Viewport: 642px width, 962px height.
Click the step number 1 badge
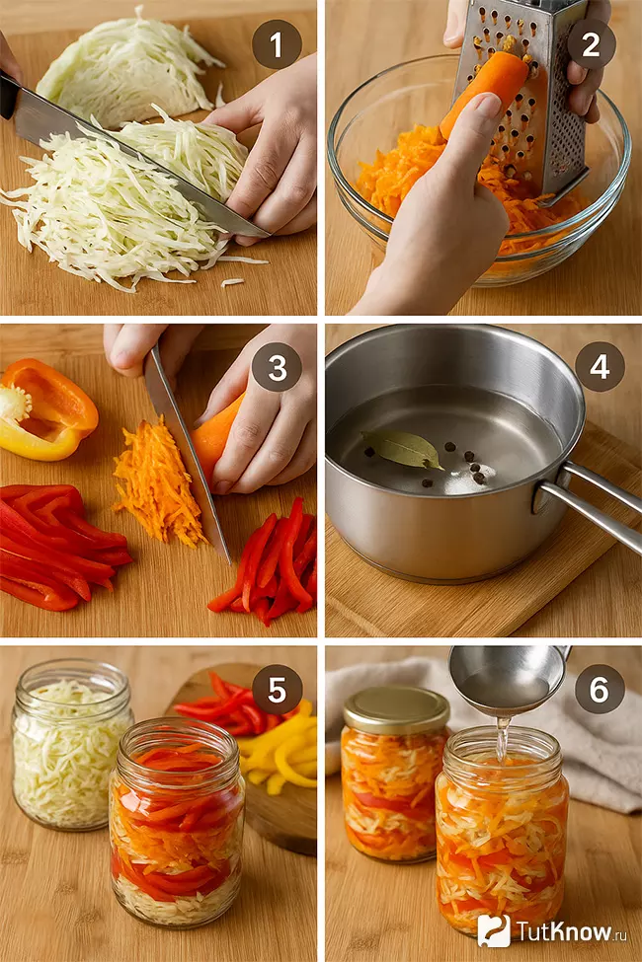pyautogui.click(x=277, y=44)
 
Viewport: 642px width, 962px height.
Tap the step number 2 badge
pyautogui.click(x=591, y=44)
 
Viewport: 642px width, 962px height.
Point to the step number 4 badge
pyautogui.click(x=600, y=366)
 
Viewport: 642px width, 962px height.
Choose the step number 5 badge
pyautogui.click(x=277, y=690)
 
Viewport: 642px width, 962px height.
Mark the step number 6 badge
pyautogui.click(x=600, y=690)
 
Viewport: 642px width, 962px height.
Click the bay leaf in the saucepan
pyautogui.click(x=402, y=449)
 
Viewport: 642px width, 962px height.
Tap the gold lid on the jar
pyautogui.click(x=396, y=710)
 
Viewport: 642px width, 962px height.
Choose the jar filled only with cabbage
pyautogui.click(x=71, y=745)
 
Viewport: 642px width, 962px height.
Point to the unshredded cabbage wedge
pyautogui.click(x=126, y=66)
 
